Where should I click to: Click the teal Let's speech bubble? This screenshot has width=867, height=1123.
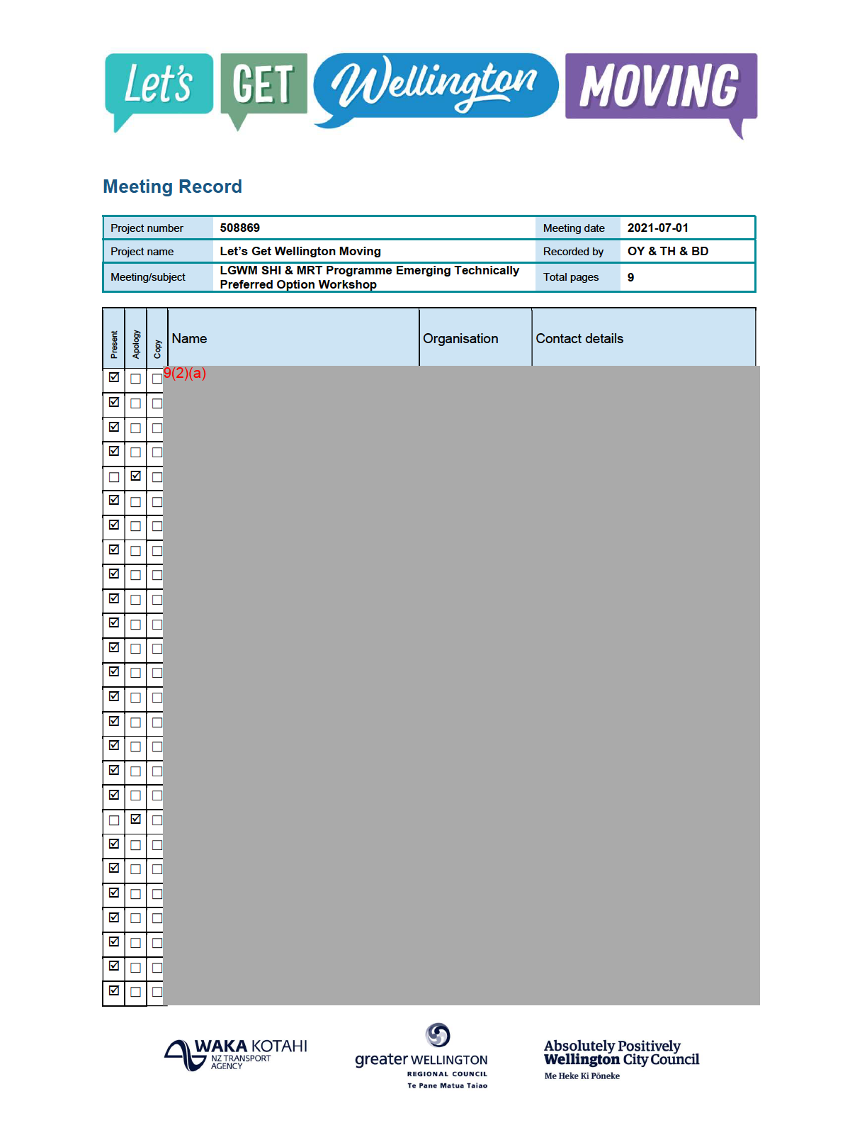(x=159, y=84)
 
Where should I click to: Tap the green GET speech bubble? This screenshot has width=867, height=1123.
(x=263, y=84)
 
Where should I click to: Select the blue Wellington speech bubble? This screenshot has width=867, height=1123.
(x=435, y=85)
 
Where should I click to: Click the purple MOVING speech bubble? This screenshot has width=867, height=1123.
(x=660, y=86)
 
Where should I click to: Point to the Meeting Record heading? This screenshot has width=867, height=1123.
(x=172, y=186)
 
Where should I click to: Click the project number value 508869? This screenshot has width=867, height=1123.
(x=239, y=228)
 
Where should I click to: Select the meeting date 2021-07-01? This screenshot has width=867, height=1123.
(x=657, y=228)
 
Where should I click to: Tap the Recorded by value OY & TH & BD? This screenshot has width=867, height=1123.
(x=667, y=251)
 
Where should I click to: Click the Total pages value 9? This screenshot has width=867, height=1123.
(x=630, y=277)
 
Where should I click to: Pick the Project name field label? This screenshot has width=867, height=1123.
(x=142, y=252)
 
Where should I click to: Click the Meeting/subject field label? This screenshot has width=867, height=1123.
(x=147, y=277)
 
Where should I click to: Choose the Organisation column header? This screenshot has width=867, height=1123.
(x=460, y=339)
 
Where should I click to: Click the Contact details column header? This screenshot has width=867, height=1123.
(x=579, y=339)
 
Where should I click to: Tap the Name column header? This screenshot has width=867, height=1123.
(x=189, y=339)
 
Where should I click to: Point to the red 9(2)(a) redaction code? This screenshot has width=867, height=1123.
(x=185, y=373)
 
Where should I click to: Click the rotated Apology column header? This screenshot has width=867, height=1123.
(x=136, y=344)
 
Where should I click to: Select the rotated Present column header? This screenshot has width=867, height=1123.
(x=114, y=344)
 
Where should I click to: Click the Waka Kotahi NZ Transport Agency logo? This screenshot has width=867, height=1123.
(x=236, y=1054)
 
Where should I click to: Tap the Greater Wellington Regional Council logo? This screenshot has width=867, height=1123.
(x=421, y=1056)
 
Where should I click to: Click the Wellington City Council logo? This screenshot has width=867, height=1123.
(x=620, y=1058)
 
